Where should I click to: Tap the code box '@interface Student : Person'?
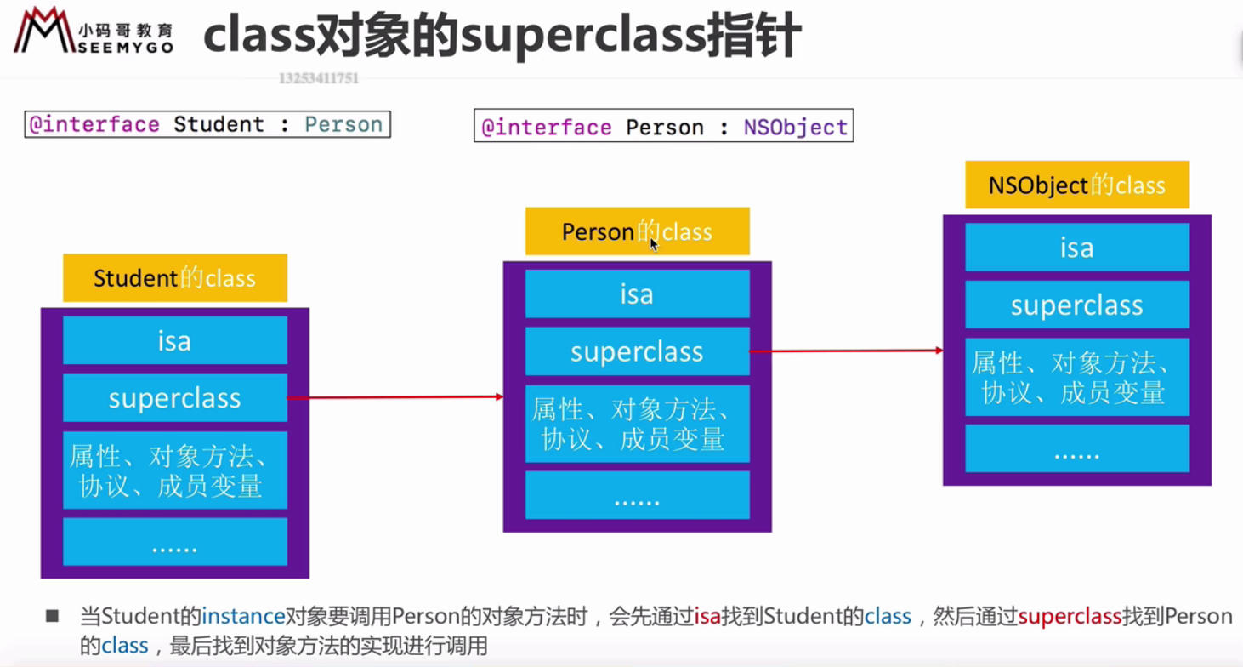pyautogui.click(x=207, y=124)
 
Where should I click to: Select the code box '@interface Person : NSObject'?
pyautogui.click(x=663, y=128)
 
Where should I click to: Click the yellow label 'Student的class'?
pyautogui.click(x=175, y=278)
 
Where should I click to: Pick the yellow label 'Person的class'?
pyautogui.click(x=637, y=231)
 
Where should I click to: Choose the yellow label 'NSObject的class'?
pyautogui.click(x=1076, y=185)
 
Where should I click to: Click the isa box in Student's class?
pyautogui.click(x=175, y=340)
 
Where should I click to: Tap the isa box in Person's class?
pyautogui.click(x=637, y=294)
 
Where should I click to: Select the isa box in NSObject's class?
pyautogui.click(x=1076, y=248)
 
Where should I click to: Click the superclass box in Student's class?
pyautogui.click(x=175, y=398)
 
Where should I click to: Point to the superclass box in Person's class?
pyautogui.click(x=637, y=351)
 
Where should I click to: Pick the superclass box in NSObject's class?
pyautogui.click(x=1076, y=305)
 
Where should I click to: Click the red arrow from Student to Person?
pyautogui.click(x=395, y=397)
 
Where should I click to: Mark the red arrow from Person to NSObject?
pyautogui.click(x=846, y=351)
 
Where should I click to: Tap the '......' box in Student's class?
pyautogui.click(x=175, y=543)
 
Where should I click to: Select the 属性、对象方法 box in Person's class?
pyautogui.click(x=637, y=424)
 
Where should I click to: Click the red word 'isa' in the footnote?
pyautogui.click(x=707, y=617)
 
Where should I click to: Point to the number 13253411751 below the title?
pyautogui.click(x=319, y=78)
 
